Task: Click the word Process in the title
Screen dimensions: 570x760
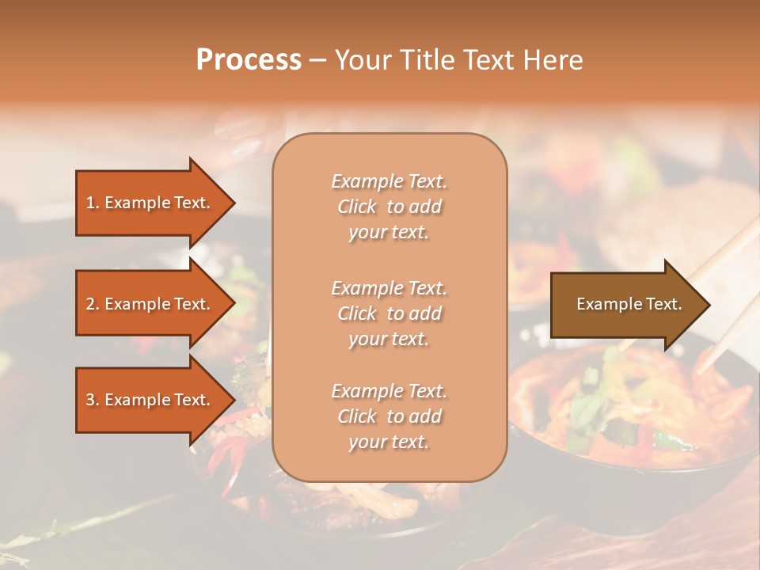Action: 249,60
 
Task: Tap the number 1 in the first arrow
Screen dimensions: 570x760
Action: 90,203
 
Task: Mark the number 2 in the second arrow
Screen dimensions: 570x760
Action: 90,305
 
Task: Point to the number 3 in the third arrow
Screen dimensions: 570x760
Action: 90,401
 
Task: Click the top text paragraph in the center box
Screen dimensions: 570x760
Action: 389,207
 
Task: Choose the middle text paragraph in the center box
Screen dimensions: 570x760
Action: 389,313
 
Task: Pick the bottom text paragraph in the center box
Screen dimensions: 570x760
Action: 389,416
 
